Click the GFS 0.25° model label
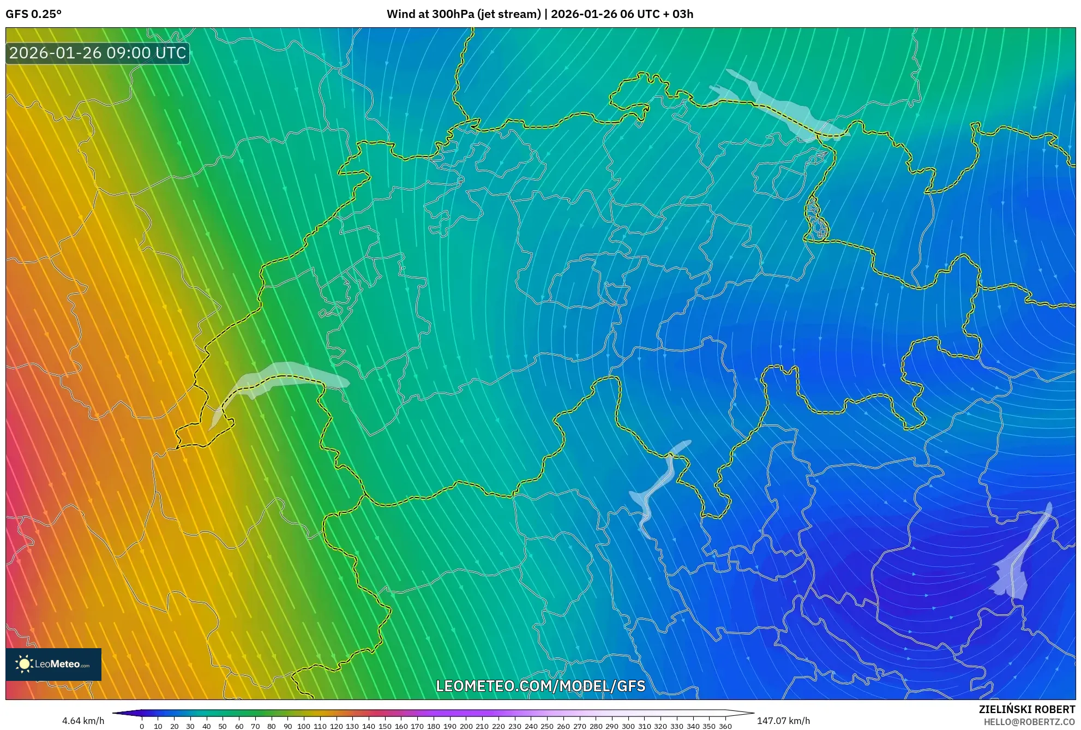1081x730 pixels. [x=33, y=14]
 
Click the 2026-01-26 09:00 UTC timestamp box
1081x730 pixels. [x=98, y=53]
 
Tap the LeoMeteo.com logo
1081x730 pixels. [x=53, y=664]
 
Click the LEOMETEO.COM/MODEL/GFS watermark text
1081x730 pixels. [x=540, y=686]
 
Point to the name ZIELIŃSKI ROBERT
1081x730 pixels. [x=1026, y=709]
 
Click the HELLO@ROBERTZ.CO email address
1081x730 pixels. [x=1029, y=722]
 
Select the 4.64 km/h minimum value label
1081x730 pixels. [x=83, y=721]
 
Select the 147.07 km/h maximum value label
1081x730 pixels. [x=783, y=721]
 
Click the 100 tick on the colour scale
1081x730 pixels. [x=304, y=726]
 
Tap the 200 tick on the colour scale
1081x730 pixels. [x=466, y=726]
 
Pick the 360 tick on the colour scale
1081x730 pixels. [x=725, y=726]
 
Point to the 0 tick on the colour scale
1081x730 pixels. [x=142, y=726]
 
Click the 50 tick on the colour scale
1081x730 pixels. [x=223, y=726]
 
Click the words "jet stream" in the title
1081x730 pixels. [x=509, y=14]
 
